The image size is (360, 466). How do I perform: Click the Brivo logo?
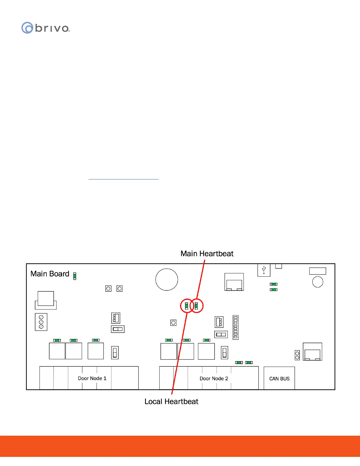click(x=46, y=28)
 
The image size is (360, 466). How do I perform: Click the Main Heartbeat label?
click(x=207, y=254)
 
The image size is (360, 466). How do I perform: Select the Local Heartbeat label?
click(x=171, y=402)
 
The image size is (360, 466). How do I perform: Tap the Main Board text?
click(x=50, y=274)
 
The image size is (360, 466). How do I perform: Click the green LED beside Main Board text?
click(x=75, y=276)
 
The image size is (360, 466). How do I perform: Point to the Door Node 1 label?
click(x=92, y=378)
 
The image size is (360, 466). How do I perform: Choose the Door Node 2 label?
click(x=214, y=379)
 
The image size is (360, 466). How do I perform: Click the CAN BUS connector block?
click(x=279, y=378)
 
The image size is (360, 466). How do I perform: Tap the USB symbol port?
click(x=264, y=270)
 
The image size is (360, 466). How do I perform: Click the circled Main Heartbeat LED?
click(x=196, y=306)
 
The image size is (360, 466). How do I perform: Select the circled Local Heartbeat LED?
click(x=186, y=306)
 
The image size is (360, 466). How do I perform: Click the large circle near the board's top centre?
click(x=167, y=279)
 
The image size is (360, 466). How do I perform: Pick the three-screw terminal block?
click(x=41, y=322)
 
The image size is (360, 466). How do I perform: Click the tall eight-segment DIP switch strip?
click(x=236, y=327)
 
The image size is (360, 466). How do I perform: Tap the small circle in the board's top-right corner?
click(x=318, y=282)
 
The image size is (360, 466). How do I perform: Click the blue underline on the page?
click(x=124, y=179)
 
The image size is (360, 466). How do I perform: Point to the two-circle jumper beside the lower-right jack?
click(x=297, y=355)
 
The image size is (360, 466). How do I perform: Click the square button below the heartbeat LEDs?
click(x=174, y=323)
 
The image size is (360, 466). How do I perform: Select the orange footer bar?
click(x=180, y=446)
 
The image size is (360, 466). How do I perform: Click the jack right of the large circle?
click(x=234, y=282)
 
